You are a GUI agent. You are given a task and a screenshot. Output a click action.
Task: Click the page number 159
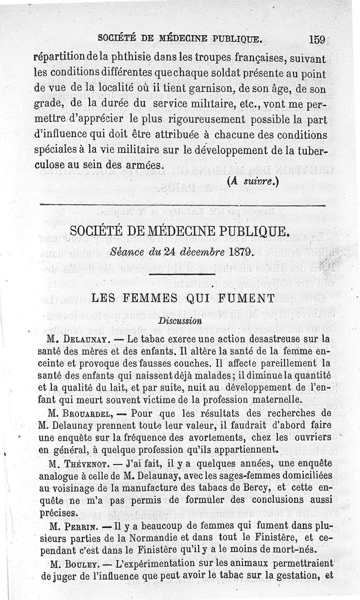pos(317,39)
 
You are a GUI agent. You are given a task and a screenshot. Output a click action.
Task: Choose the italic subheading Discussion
pos(180,321)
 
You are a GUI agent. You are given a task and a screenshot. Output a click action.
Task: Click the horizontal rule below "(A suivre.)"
pos(182,206)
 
